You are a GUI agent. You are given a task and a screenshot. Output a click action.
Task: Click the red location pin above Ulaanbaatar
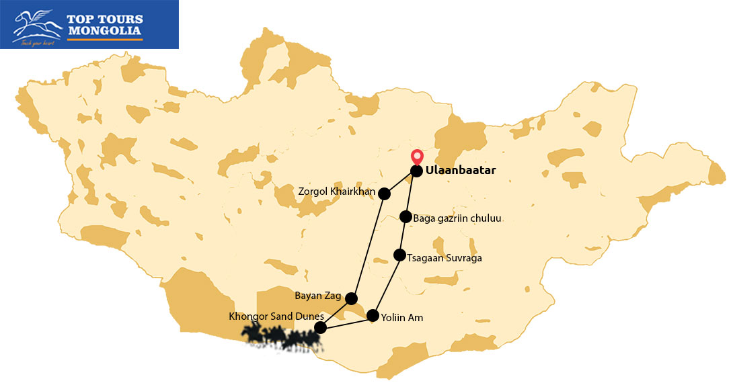click(x=417, y=156)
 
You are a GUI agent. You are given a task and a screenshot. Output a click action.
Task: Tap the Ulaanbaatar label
click(x=461, y=171)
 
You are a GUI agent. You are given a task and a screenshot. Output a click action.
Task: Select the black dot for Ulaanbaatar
click(x=416, y=171)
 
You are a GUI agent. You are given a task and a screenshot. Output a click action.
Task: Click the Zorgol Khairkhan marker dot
click(x=385, y=194)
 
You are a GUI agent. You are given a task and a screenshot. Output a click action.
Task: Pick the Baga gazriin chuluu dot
click(x=406, y=216)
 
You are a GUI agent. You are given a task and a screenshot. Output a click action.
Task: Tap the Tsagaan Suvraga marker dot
click(x=399, y=255)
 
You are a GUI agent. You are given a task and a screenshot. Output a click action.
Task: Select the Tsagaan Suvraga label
click(x=445, y=258)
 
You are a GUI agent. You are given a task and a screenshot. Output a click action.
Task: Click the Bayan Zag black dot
click(x=351, y=298)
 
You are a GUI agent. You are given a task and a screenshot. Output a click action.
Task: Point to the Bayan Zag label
click(x=319, y=296)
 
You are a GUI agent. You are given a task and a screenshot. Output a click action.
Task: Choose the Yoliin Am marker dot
click(x=373, y=315)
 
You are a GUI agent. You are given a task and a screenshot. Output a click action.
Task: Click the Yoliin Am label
click(x=402, y=318)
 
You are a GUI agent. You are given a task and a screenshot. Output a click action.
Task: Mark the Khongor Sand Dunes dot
click(x=321, y=327)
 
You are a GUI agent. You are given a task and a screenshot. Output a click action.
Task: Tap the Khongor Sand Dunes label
click(x=276, y=316)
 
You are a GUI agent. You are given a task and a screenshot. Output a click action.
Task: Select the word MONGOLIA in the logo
click(x=104, y=31)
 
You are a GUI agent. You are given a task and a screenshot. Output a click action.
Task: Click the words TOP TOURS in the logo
click(x=104, y=19)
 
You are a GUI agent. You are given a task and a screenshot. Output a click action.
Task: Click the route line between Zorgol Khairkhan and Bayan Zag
click(x=368, y=246)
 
